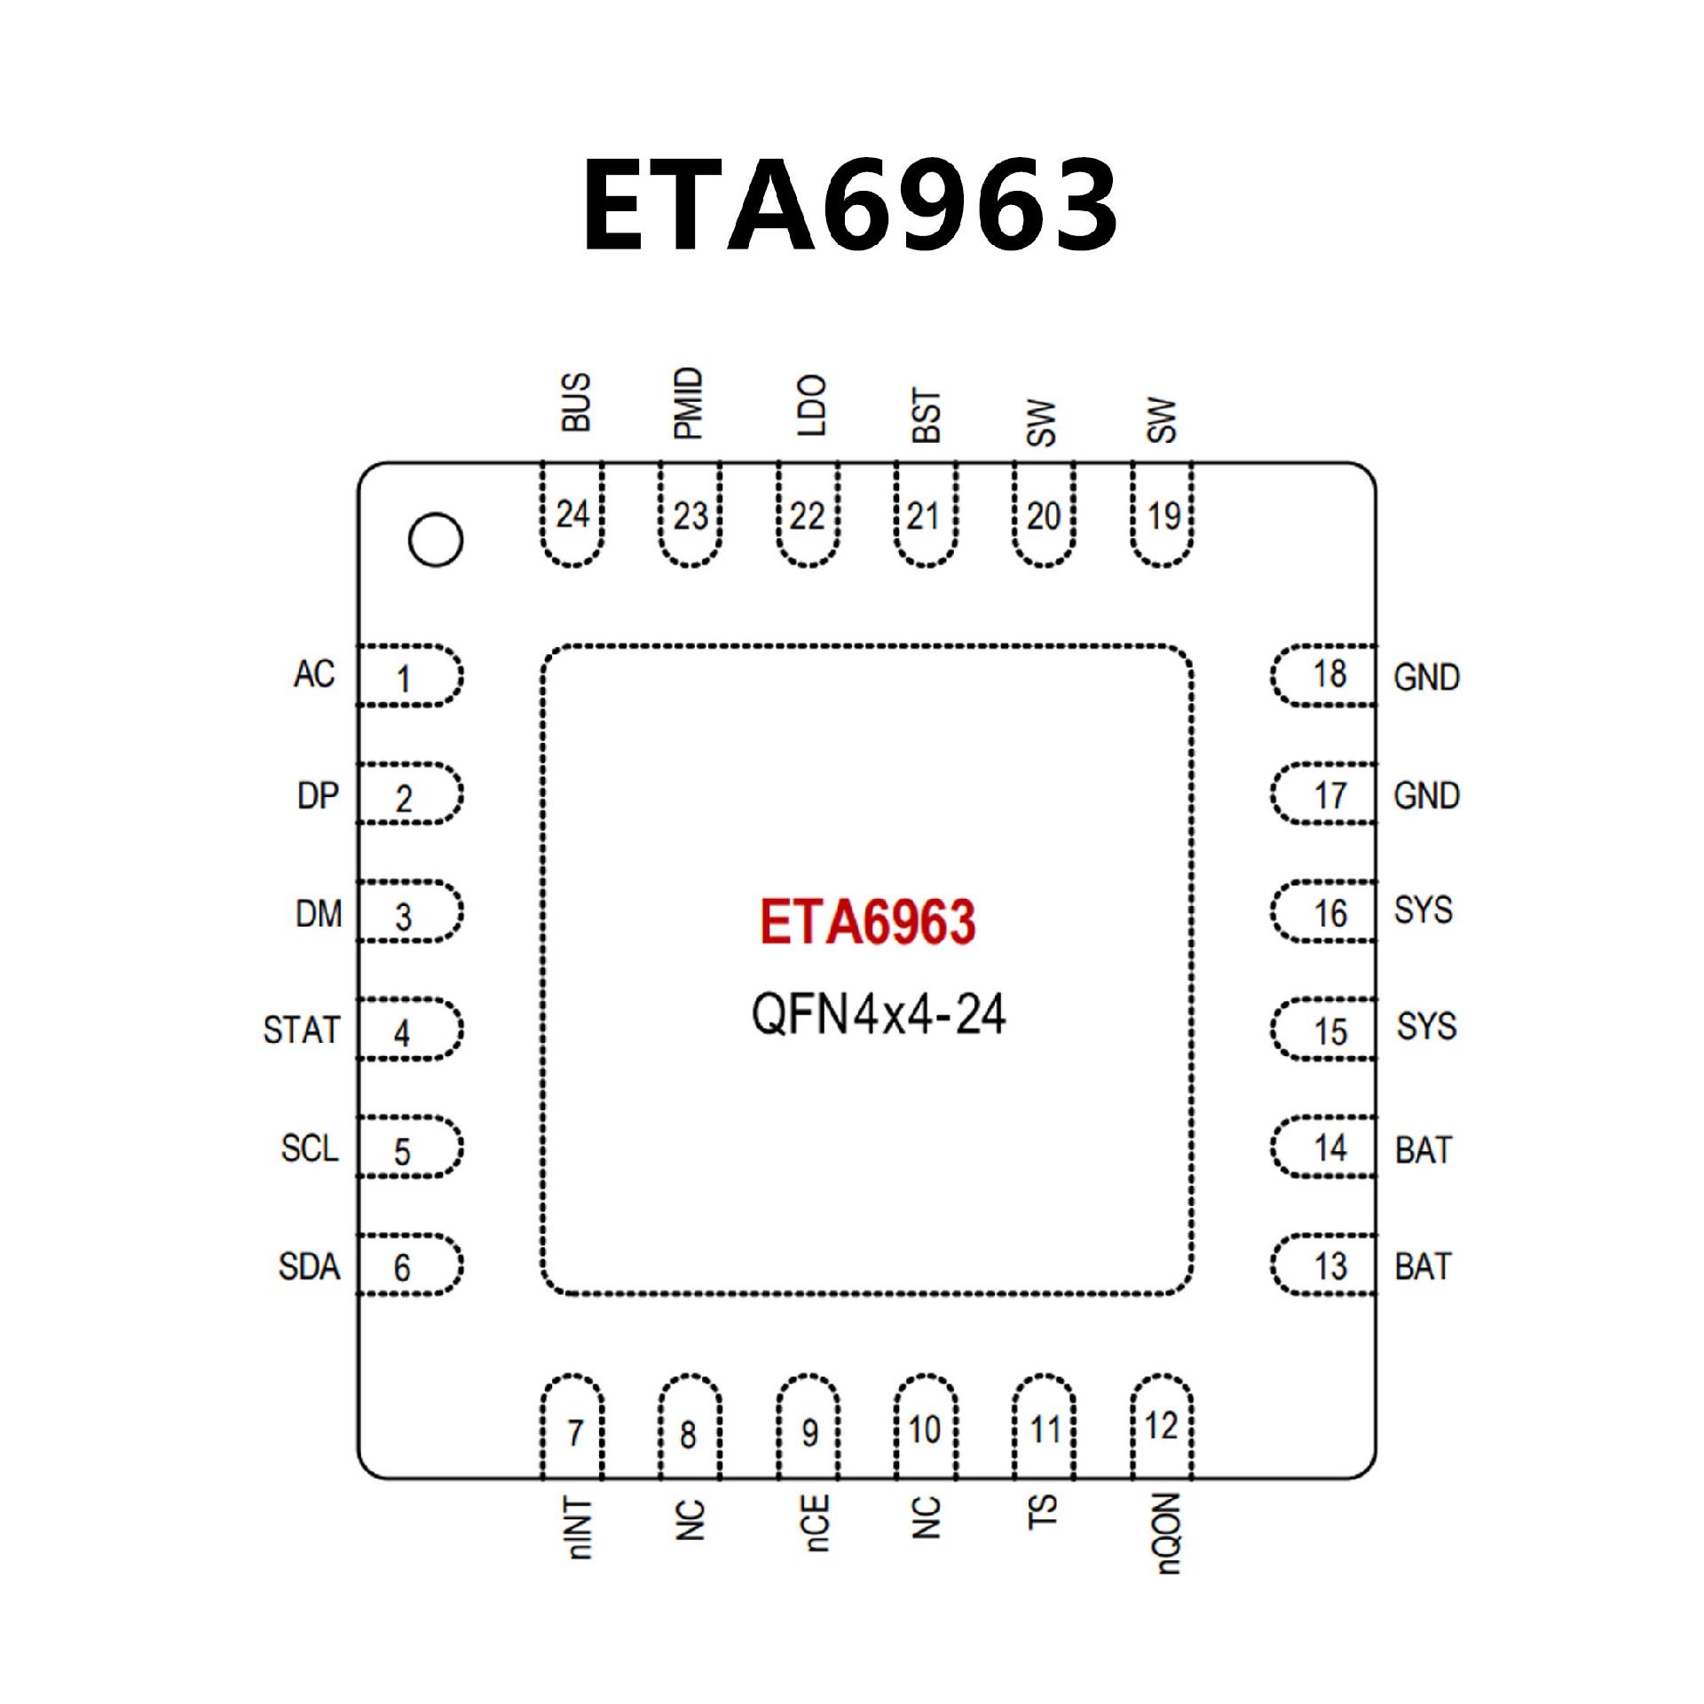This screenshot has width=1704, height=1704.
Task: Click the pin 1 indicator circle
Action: click(435, 540)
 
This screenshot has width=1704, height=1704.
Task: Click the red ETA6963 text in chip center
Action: click(867, 921)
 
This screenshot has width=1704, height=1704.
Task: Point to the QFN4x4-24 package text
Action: click(878, 1014)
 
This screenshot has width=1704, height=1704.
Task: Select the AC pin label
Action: click(314, 674)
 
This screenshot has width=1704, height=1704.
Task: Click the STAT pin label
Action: click(302, 1029)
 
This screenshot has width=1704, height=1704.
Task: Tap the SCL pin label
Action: click(310, 1148)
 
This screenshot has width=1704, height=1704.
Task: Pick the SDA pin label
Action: click(309, 1266)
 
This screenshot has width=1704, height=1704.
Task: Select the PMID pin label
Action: click(689, 403)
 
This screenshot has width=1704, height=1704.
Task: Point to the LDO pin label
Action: click(811, 405)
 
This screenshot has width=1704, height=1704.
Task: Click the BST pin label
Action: click(926, 414)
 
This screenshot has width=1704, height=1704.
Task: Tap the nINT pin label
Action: click(577, 1528)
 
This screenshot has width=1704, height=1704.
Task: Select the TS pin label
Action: click(1042, 1512)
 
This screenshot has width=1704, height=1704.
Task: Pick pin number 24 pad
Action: click(572, 515)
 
